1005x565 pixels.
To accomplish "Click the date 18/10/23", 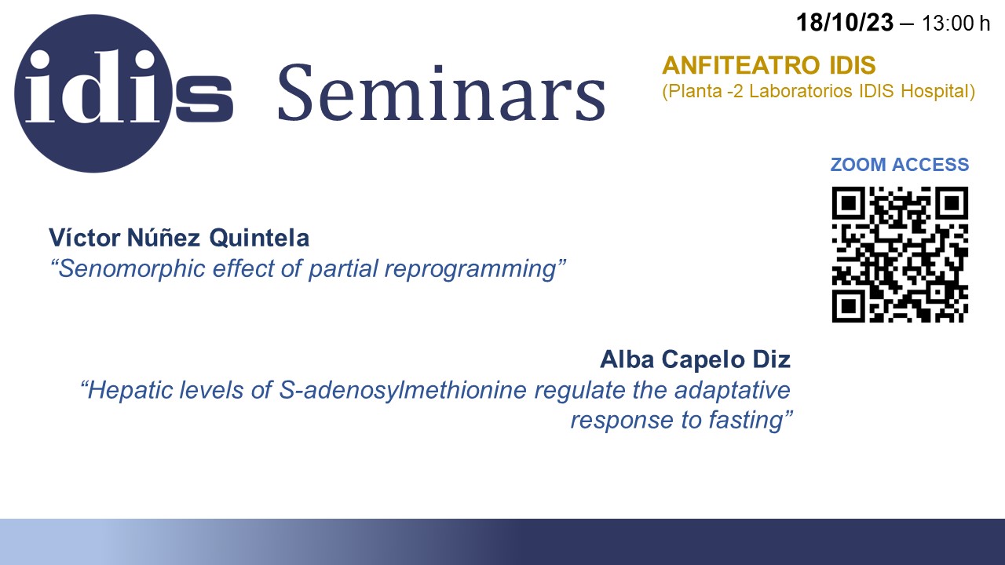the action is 844,23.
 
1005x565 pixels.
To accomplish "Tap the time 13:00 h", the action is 956,24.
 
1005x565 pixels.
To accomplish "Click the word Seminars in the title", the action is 441,93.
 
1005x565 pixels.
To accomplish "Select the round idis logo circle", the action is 93,93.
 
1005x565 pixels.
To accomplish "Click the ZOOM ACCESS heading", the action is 900,165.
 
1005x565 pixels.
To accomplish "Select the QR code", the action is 900,254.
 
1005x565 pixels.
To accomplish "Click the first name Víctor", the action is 85,237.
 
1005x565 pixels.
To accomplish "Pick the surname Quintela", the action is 259,238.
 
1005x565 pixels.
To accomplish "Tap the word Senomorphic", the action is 131,269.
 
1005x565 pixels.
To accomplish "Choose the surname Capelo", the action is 703,359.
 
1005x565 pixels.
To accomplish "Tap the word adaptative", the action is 733,390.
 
